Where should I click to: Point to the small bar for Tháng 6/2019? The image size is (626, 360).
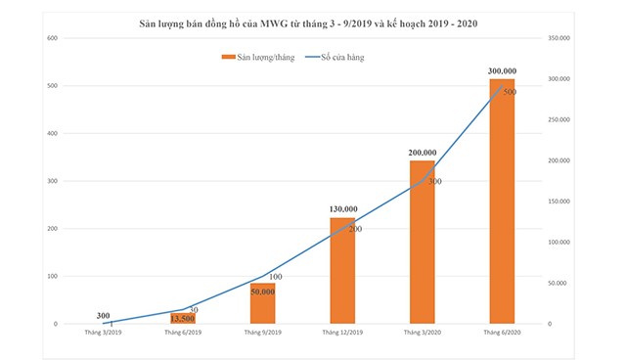coord(183,319)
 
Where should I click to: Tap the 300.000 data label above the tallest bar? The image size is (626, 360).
coord(502,71)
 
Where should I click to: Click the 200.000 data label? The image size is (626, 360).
coord(423,154)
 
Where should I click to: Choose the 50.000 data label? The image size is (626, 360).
coord(263,292)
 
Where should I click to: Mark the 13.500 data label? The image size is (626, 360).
coord(183,318)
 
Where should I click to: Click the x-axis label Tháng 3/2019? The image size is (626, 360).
coord(103,334)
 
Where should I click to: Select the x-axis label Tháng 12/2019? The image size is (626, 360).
coord(342,334)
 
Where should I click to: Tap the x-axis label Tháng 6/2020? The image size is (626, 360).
coord(502,334)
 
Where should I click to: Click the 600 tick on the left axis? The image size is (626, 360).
coord(52,38)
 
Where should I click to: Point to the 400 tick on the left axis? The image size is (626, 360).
coord(52,133)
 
